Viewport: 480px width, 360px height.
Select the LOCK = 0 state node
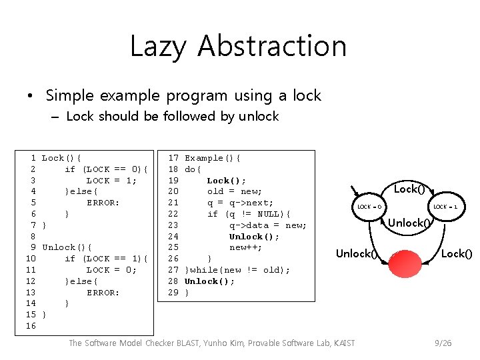click(369, 207)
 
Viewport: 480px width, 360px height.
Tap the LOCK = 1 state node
click(445, 207)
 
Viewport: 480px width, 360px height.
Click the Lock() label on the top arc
click(409, 189)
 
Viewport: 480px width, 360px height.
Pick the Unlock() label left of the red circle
click(357, 253)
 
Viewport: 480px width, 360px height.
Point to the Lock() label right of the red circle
click(457, 253)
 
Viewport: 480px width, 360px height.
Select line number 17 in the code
click(173, 158)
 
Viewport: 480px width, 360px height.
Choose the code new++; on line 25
click(245, 247)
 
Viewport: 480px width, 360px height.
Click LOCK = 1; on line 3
click(111, 181)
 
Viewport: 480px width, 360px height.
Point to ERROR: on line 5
click(103, 203)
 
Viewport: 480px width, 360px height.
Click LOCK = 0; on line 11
click(111, 270)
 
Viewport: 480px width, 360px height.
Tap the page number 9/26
click(442, 343)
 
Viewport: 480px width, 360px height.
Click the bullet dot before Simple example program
click(31, 96)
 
